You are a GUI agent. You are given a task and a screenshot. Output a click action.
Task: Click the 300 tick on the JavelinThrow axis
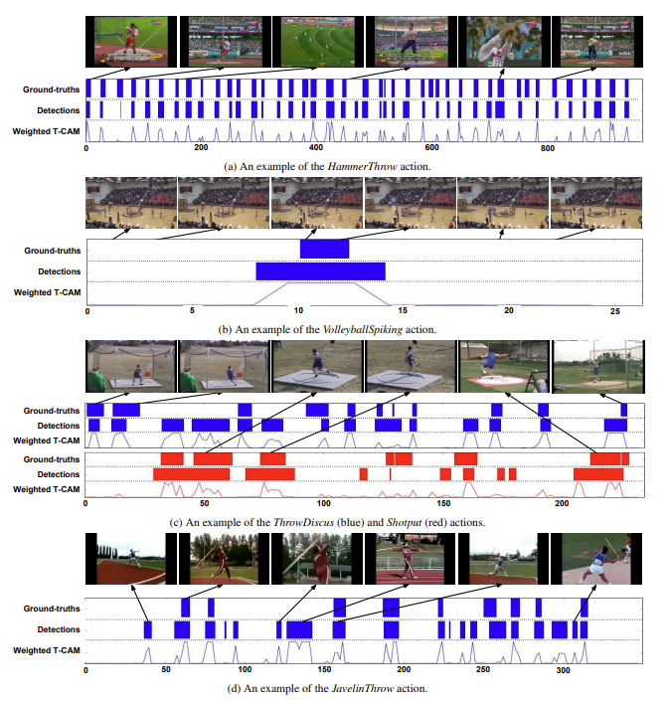pos(562,672)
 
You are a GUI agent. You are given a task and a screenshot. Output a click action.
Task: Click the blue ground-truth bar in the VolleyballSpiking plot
pos(324,250)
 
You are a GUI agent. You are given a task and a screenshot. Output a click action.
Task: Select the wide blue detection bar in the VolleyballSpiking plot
pos(320,270)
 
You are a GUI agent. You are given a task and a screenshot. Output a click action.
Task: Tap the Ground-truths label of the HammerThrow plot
pos(53,89)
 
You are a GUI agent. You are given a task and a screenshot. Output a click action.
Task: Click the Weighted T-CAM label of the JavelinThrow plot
pos(47,650)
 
